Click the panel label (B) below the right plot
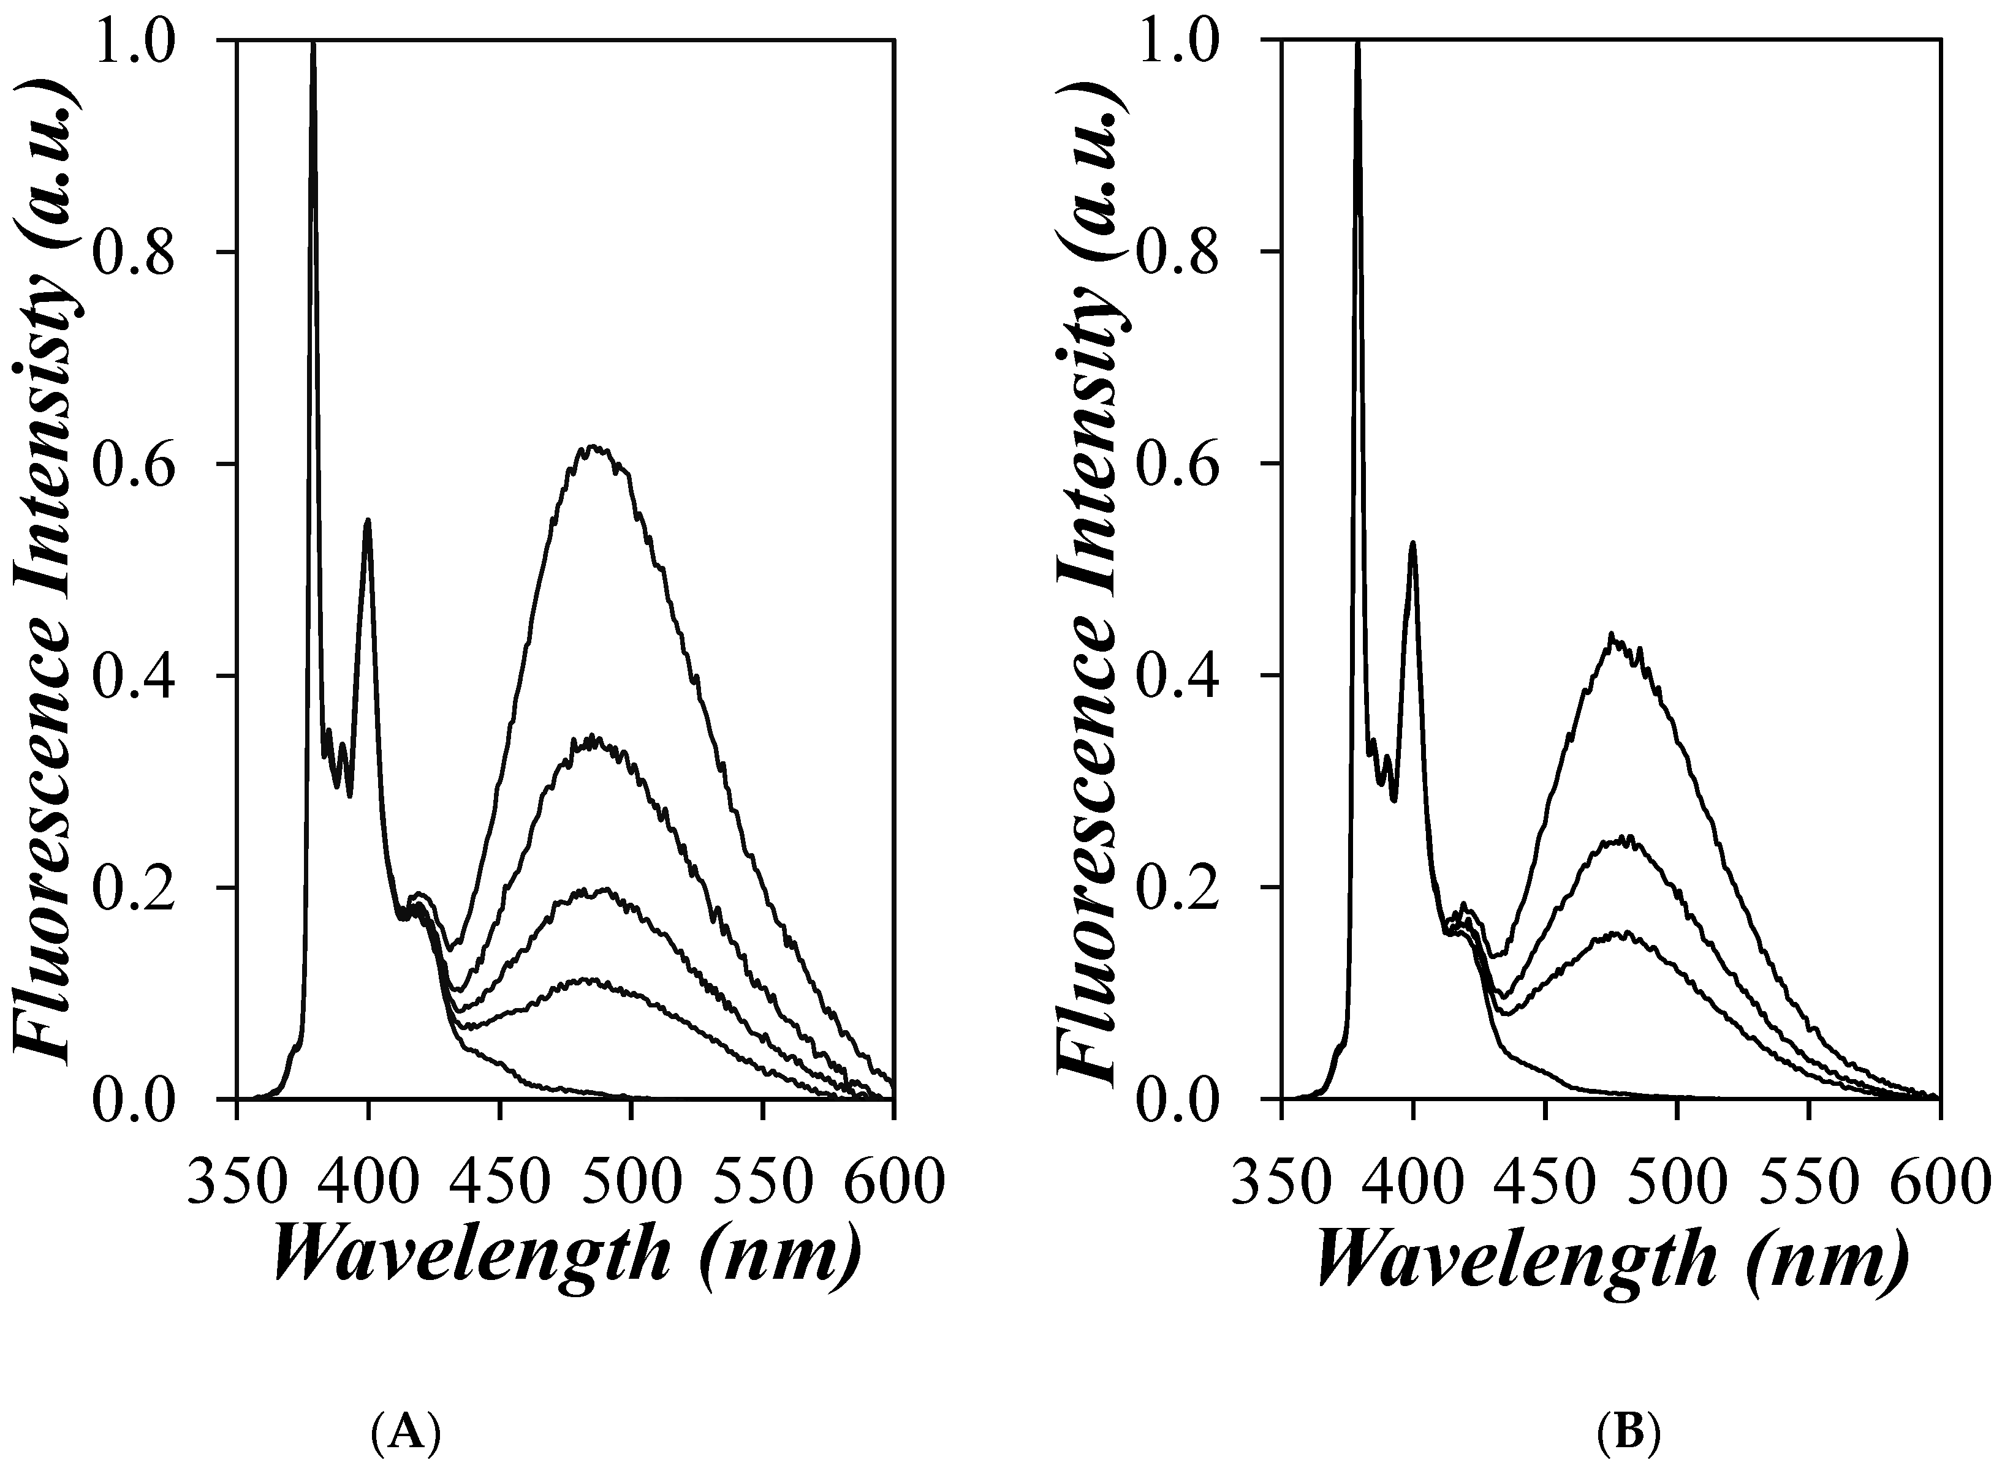1629,1433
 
